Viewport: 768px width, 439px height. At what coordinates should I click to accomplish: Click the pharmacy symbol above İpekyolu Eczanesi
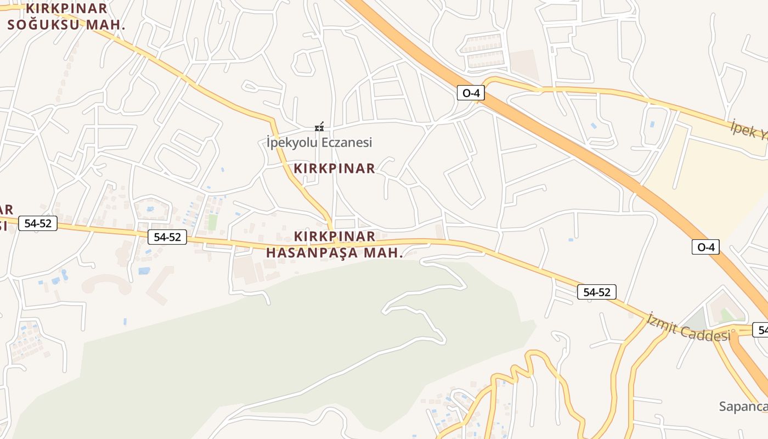(319, 127)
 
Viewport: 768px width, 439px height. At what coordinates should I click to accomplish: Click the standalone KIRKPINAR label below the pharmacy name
(335, 168)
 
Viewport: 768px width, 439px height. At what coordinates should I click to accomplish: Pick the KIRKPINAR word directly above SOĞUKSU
(67, 9)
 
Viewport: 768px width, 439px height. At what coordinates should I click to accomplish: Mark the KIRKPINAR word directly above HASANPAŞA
(335, 237)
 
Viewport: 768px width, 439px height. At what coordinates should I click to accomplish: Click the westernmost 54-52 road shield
(38, 223)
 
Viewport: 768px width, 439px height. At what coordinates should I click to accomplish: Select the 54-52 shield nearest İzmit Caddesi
(597, 292)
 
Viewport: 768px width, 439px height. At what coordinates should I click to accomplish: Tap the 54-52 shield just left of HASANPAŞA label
(167, 237)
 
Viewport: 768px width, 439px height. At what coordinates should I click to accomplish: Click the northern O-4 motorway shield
(471, 93)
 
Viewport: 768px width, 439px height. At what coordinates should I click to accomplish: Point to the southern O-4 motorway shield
(705, 247)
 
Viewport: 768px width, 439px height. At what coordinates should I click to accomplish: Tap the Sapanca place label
(743, 407)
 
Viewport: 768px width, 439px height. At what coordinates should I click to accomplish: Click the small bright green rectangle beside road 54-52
(213, 222)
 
